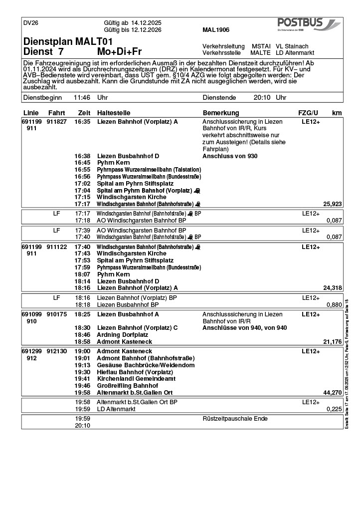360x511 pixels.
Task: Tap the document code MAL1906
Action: tap(216, 30)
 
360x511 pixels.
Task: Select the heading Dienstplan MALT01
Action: tap(68, 41)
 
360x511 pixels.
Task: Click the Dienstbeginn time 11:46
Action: tap(82, 98)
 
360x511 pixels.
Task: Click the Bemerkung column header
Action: tap(221, 113)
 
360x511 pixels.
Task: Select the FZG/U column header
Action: tap(308, 113)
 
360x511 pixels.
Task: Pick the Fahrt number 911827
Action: tap(57, 122)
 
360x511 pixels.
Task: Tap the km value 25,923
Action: tap(333, 204)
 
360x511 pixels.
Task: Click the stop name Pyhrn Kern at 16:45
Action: tap(113, 163)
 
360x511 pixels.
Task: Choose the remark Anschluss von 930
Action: tap(230, 156)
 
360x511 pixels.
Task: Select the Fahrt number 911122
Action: tap(57, 247)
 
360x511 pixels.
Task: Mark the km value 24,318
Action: tap(333, 288)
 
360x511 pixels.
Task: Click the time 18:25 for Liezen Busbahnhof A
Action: tap(82, 314)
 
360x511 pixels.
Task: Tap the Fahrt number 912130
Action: tap(57, 351)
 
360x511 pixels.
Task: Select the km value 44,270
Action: tap(333, 393)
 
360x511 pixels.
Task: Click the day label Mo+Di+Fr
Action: tap(120, 52)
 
